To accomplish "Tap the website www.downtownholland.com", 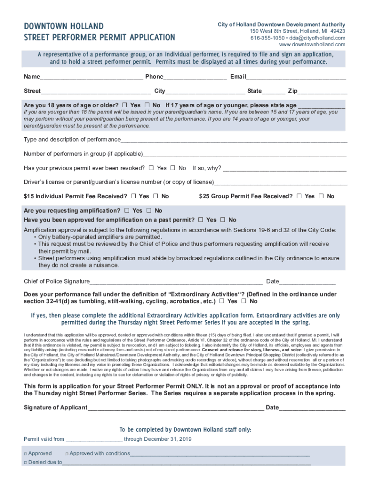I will tap(312, 44).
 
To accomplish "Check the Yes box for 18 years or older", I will tap(125, 105).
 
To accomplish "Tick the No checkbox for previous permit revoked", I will tap(173, 168).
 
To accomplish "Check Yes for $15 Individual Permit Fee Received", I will tap(133, 196).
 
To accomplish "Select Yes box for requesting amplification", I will tap(127, 210).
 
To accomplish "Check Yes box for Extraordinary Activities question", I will tap(222, 301).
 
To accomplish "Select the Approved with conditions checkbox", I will tap(67, 454).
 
